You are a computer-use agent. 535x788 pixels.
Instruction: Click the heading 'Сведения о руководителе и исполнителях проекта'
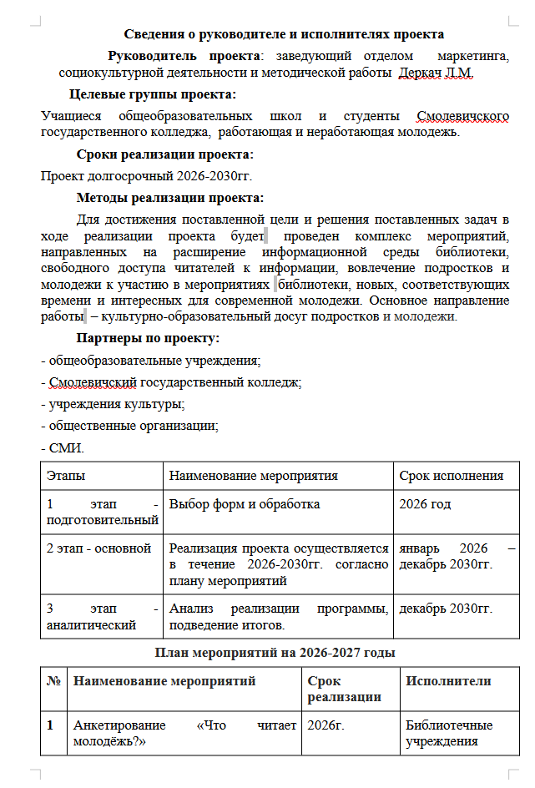[284, 34]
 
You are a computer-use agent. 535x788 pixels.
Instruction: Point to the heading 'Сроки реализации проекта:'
[164, 154]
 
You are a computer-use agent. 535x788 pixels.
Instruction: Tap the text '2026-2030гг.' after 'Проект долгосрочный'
[215, 175]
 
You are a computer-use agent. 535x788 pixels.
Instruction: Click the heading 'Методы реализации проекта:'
[169, 198]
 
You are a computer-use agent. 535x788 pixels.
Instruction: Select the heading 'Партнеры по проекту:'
[148, 338]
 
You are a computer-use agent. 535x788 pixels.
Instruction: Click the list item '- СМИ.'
[63, 448]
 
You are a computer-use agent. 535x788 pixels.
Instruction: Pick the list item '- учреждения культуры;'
[113, 404]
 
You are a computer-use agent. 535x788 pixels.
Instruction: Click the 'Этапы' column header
[66, 476]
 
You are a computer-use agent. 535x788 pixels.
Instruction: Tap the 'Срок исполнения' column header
[451, 476]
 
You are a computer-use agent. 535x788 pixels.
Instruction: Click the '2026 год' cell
[425, 504]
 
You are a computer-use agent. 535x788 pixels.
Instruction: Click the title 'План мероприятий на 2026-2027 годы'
[275, 652]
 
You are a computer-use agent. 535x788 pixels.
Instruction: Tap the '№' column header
[53, 681]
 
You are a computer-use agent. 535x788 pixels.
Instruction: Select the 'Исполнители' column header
[448, 681]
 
